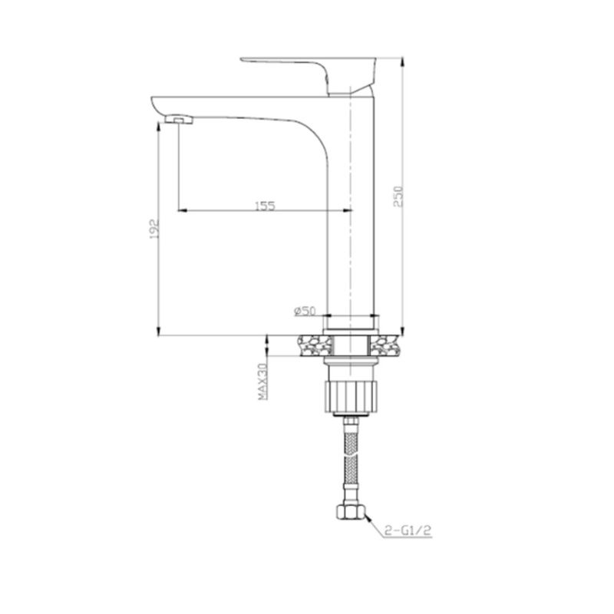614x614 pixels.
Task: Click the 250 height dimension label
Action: point(398,196)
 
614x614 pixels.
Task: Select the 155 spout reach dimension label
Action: point(265,206)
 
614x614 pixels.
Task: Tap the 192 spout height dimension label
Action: point(154,229)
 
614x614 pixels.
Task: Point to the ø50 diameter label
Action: point(305,312)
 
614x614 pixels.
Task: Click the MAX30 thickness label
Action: point(262,381)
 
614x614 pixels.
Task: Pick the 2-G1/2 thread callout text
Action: point(408,530)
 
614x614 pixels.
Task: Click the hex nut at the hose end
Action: point(351,512)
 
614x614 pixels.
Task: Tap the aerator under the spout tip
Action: point(179,119)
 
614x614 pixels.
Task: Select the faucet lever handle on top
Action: point(309,74)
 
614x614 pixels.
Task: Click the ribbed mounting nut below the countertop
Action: point(351,397)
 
